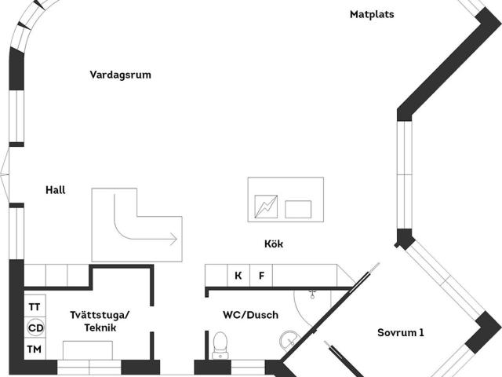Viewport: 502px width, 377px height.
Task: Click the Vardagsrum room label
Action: pyautogui.click(x=120, y=75)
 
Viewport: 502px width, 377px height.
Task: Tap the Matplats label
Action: pyautogui.click(x=372, y=14)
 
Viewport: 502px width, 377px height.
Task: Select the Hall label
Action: pyautogui.click(x=56, y=190)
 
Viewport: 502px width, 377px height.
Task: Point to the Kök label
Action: pyautogui.click(x=274, y=243)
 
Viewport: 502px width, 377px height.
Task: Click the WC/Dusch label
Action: pyautogui.click(x=251, y=315)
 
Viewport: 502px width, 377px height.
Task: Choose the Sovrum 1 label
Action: pyautogui.click(x=401, y=332)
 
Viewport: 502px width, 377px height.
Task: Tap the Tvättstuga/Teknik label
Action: pyautogui.click(x=100, y=321)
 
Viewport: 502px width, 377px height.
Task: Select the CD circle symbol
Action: pyautogui.click(x=35, y=328)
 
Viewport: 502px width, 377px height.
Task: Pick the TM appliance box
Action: pyautogui.click(x=35, y=349)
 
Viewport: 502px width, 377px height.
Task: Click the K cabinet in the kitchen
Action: pyautogui.click(x=238, y=276)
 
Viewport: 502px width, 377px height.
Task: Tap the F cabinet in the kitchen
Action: pyautogui.click(x=261, y=276)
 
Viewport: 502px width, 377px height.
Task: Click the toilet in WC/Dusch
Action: pyautogui.click(x=220, y=346)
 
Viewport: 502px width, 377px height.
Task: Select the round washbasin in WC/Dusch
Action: pyautogui.click(x=289, y=342)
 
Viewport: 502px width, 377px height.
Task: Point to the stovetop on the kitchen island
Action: pyautogui.click(x=266, y=207)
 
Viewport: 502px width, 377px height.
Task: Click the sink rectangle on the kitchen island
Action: pyautogui.click(x=298, y=210)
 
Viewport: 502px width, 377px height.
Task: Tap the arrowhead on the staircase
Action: pyautogui.click(x=173, y=239)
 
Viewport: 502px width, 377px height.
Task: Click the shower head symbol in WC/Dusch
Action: pyautogui.click(x=312, y=295)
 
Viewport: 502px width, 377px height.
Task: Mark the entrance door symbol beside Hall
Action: pyautogui.click(x=5, y=174)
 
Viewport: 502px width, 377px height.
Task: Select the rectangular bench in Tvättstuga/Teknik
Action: pyautogui.click(x=88, y=350)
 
